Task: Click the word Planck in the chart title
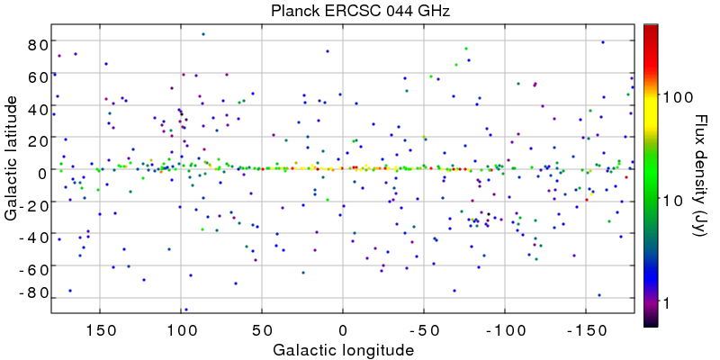point(292,11)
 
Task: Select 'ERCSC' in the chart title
point(343,11)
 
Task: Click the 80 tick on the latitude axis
point(36,43)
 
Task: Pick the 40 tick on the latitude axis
point(36,108)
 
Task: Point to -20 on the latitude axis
point(33,205)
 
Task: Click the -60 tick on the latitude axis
point(33,269)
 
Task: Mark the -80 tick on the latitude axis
point(33,292)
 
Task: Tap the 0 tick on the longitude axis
point(343,328)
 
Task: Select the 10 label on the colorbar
point(673,200)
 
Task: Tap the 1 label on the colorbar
point(668,304)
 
